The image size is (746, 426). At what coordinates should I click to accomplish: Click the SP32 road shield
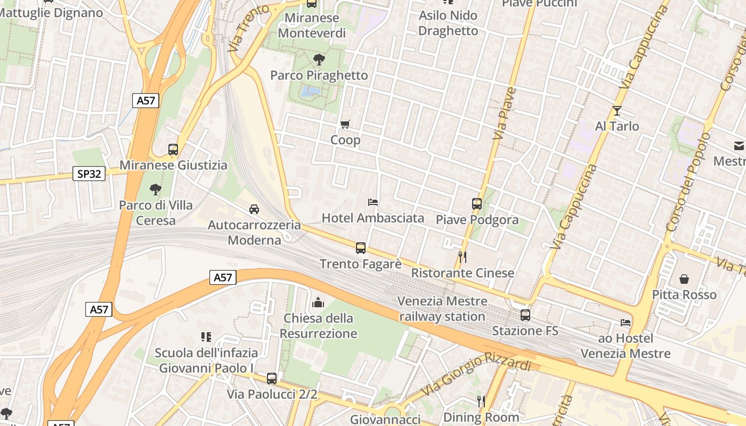(x=89, y=174)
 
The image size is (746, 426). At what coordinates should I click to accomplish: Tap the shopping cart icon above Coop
(x=345, y=124)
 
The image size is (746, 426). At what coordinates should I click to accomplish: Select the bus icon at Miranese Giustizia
(x=173, y=150)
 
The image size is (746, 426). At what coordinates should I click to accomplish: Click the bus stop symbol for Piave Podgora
(x=476, y=203)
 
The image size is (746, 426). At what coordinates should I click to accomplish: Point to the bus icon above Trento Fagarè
(x=361, y=248)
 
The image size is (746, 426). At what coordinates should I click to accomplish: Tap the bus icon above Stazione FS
(x=525, y=315)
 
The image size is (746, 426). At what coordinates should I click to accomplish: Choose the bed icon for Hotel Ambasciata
(x=373, y=202)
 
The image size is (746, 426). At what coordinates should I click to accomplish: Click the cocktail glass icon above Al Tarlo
(x=617, y=111)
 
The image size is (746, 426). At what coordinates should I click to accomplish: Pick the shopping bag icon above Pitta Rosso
(x=684, y=279)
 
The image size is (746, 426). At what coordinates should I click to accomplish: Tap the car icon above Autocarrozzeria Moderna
(x=254, y=209)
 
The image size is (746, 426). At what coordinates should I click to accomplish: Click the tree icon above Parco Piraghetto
(x=319, y=59)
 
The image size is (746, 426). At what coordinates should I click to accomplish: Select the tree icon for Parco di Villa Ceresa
(x=155, y=189)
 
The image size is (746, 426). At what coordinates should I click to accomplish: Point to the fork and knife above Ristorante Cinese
(x=463, y=257)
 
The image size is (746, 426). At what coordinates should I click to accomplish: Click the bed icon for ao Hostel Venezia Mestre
(x=626, y=322)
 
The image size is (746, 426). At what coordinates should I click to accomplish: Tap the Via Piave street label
(x=504, y=113)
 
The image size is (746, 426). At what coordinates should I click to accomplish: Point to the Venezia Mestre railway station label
(x=442, y=309)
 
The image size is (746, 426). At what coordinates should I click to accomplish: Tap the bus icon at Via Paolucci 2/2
(x=272, y=379)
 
